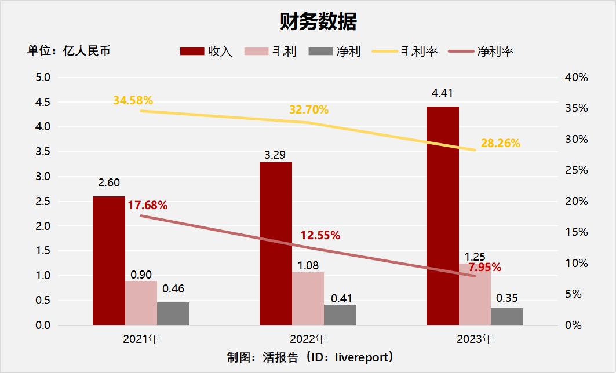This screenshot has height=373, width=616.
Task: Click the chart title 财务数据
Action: [x=318, y=21]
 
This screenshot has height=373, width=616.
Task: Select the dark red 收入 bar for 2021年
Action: [x=108, y=261]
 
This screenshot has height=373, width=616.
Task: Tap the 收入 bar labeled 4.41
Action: [x=442, y=215]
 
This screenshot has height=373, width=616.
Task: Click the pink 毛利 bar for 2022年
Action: [x=308, y=298]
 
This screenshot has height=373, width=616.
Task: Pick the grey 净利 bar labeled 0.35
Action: [x=506, y=316]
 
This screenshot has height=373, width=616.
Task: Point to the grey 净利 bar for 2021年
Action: [x=173, y=313]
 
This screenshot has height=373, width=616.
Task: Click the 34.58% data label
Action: [x=133, y=100]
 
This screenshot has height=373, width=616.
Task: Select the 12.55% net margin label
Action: [x=320, y=236]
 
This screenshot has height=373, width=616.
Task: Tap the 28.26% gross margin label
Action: [x=500, y=143]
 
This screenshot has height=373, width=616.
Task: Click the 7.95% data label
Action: [x=484, y=268]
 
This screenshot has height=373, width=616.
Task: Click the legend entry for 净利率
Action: [x=480, y=51]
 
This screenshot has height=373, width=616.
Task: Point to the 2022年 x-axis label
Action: [x=308, y=339]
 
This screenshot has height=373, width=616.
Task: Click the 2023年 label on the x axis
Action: [x=475, y=339]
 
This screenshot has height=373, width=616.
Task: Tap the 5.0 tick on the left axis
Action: [x=43, y=77]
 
